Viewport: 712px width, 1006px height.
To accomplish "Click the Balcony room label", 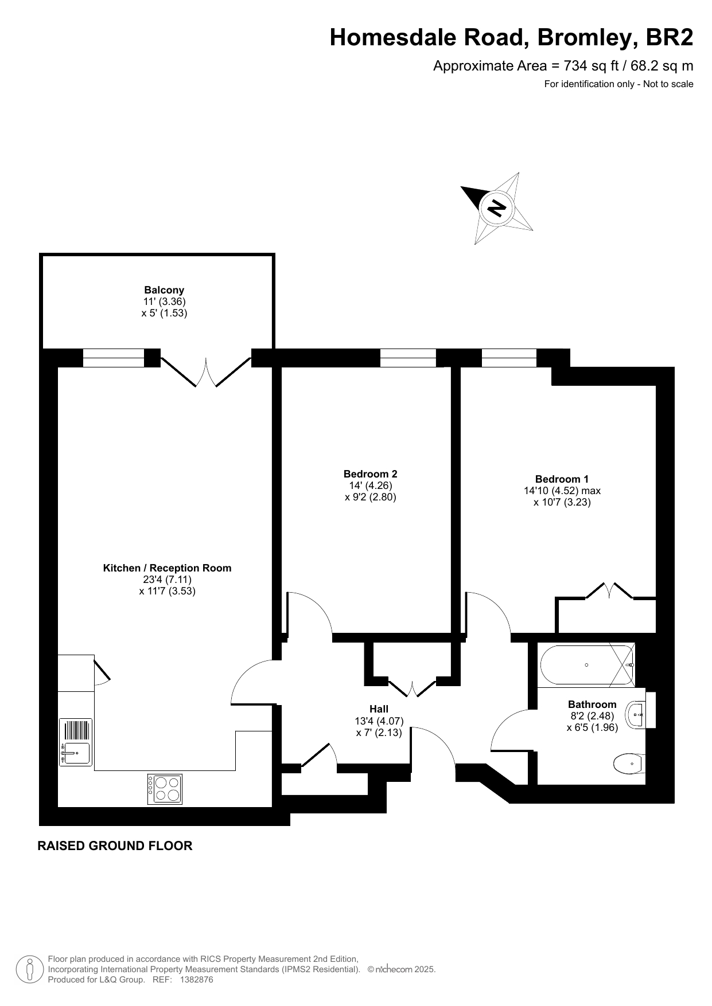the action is point(164,290).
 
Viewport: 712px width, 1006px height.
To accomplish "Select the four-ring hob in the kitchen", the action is point(165,789).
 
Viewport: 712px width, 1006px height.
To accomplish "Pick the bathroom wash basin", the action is point(637,715).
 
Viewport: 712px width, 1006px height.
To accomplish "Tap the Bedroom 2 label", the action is point(371,474).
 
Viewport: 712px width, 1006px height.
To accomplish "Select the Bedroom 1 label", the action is point(562,479).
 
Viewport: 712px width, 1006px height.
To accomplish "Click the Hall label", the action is point(379,709).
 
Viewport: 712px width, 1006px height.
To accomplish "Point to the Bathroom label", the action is point(592,704).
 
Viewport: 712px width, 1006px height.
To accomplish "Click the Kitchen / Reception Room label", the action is point(167,568).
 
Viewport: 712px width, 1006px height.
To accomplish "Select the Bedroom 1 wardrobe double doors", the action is point(609,590).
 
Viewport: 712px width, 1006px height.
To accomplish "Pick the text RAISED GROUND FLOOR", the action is point(115,845).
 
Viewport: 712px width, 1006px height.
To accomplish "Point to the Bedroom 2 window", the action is point(408,358).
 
